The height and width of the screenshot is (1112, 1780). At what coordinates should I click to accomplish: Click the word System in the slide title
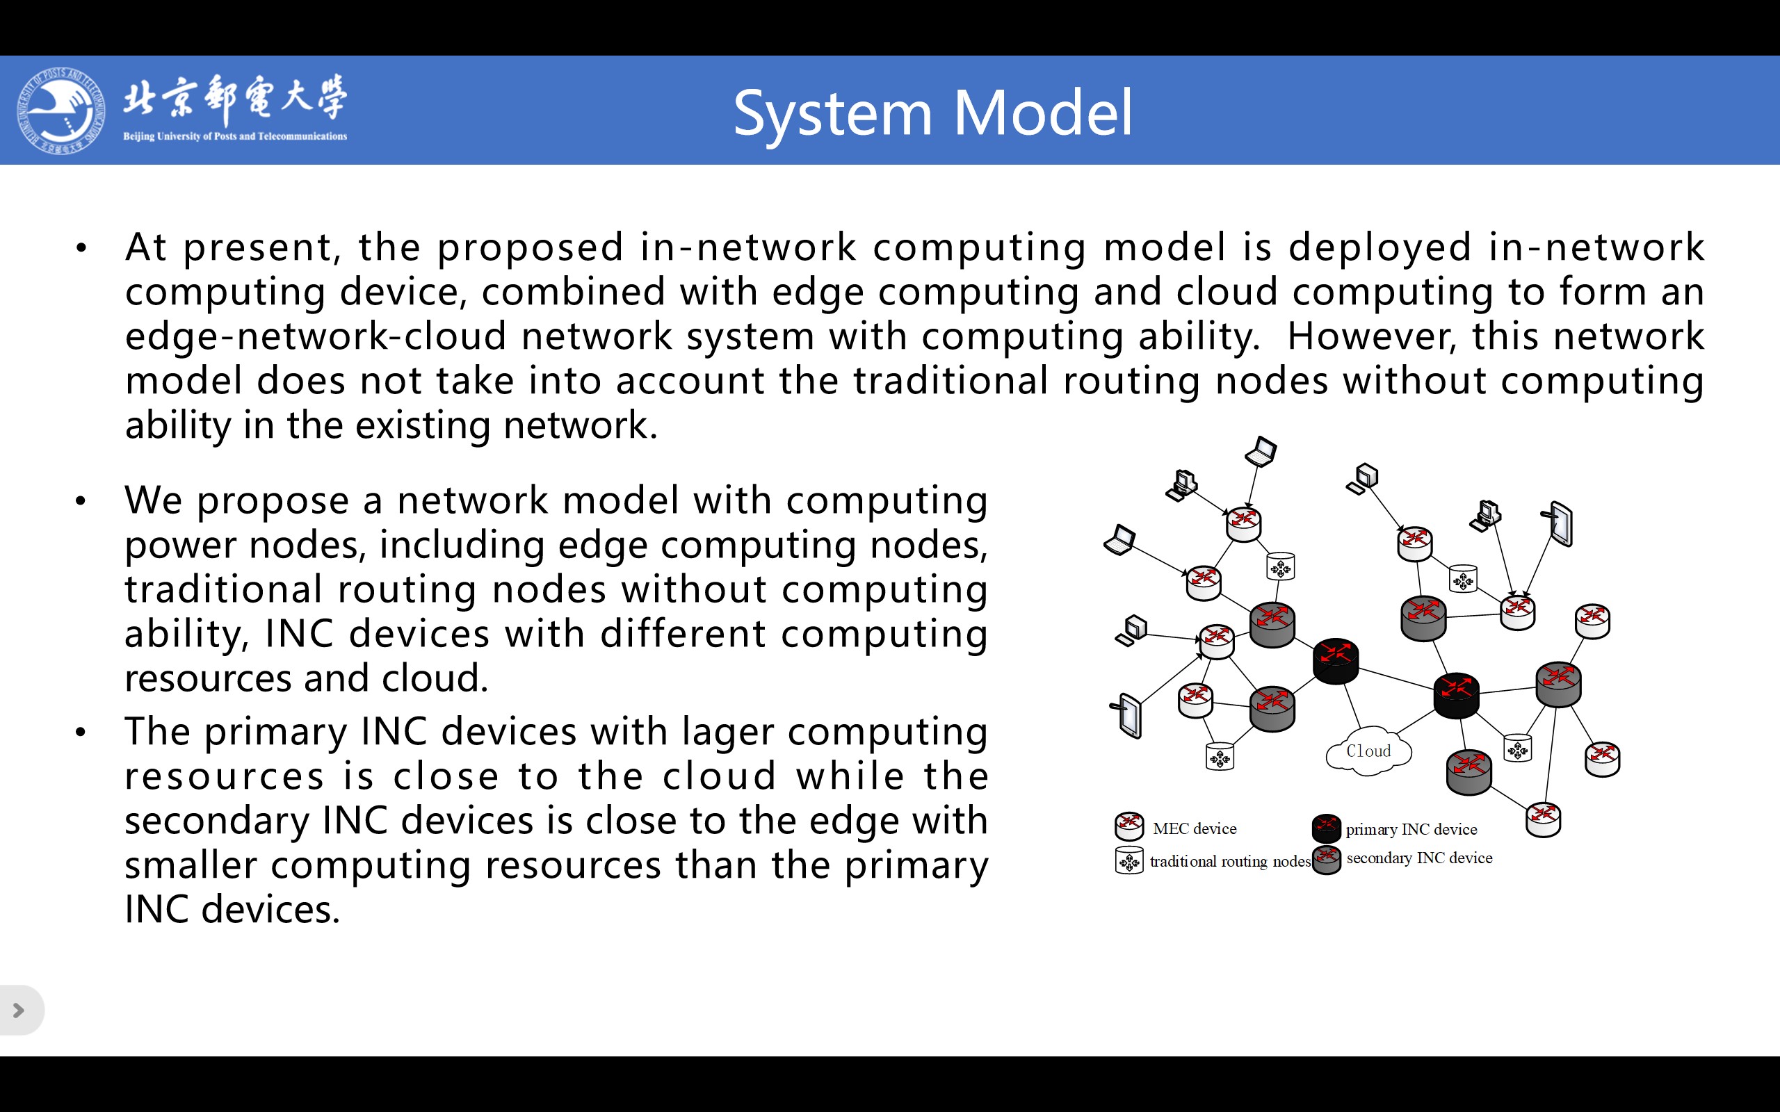point(832,114)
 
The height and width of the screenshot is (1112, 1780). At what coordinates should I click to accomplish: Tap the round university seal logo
point(60,111)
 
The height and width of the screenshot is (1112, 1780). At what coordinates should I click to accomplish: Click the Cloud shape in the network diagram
point(1368,751)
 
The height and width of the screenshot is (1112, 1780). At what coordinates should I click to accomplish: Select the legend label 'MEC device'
point(1195,829)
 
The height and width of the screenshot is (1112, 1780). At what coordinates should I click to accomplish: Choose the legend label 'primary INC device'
point(1411,830)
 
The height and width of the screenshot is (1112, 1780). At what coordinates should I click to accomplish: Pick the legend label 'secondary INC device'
point(1419,858)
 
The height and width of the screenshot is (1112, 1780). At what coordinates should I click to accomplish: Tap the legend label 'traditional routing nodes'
point(1230,861)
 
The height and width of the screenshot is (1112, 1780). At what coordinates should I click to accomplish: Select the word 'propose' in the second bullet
point(272,501)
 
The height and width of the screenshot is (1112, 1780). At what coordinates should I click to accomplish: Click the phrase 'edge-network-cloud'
point(316,336)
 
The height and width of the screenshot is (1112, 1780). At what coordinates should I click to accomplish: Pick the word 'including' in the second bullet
point(461,545)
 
